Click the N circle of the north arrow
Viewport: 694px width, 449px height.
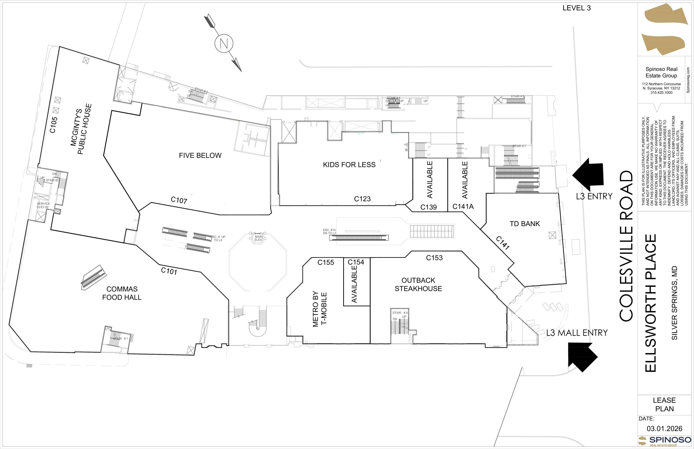coord(224,43)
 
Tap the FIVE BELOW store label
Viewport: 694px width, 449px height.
coord(200,155)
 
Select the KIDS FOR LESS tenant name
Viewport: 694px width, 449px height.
coord(349,165)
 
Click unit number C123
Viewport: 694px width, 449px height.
coord(362,199)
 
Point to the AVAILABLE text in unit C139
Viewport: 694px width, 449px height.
coord(430,179)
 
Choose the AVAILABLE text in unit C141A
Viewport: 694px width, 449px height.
coord(465,180)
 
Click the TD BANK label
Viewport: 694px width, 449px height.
coord(525,224)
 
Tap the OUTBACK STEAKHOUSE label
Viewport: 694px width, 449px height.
coord(418,284)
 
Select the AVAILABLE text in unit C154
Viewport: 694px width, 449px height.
coord(354,284)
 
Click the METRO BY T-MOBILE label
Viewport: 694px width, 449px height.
coord(319,309)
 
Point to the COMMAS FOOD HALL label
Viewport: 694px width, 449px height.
coord(121,293)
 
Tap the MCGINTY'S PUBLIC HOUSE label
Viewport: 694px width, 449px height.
coord(81,129)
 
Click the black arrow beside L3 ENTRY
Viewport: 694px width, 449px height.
coord(589,174)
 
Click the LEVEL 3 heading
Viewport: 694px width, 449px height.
coord(576,8)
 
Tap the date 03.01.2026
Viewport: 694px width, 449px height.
coord(664,428)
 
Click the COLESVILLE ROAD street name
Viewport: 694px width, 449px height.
coord(626,246)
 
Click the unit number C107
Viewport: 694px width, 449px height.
coord(179,200)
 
